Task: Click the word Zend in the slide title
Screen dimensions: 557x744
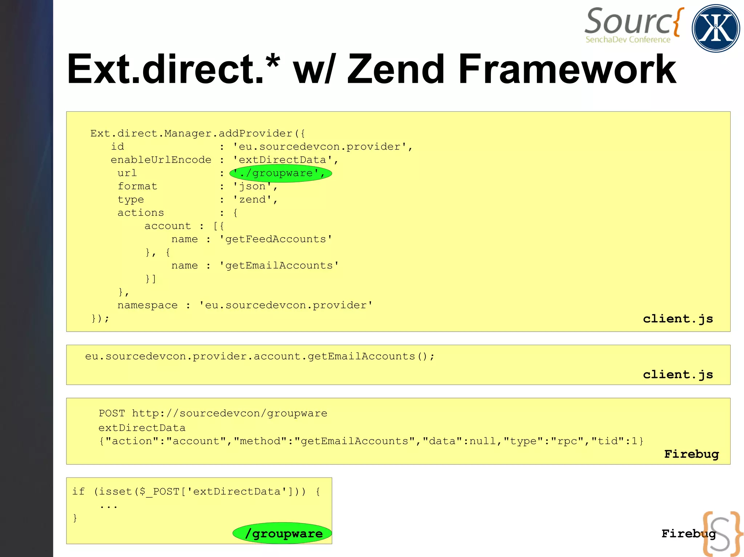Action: pos(396,69)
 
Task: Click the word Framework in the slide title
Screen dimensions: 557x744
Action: pos(567,69)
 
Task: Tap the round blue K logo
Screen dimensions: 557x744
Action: pos(716,28)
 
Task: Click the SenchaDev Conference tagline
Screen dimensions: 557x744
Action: pos(628,40)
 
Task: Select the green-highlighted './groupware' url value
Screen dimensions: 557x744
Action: pos(280,173)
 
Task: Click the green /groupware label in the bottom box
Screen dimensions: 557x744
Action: pos(283,533)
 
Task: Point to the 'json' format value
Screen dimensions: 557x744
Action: pos(252,187)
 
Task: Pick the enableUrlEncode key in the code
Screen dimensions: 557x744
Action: pos(161,160)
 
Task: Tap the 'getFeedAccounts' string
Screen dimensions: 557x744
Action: pos(275,239)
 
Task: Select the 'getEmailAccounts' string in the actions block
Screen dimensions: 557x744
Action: pos(279,266)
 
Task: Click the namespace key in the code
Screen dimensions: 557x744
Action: pos(147,305)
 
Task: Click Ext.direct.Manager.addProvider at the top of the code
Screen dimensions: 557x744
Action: pos(191,134)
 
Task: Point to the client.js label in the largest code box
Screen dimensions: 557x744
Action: pos(678,319)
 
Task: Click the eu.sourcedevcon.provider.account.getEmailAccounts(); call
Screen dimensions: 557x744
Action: pos(260,356)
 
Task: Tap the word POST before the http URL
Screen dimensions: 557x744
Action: pos(112,413)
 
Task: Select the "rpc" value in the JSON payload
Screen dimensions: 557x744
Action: pos(567,441)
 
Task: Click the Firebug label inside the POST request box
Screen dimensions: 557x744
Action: pos(691,454)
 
